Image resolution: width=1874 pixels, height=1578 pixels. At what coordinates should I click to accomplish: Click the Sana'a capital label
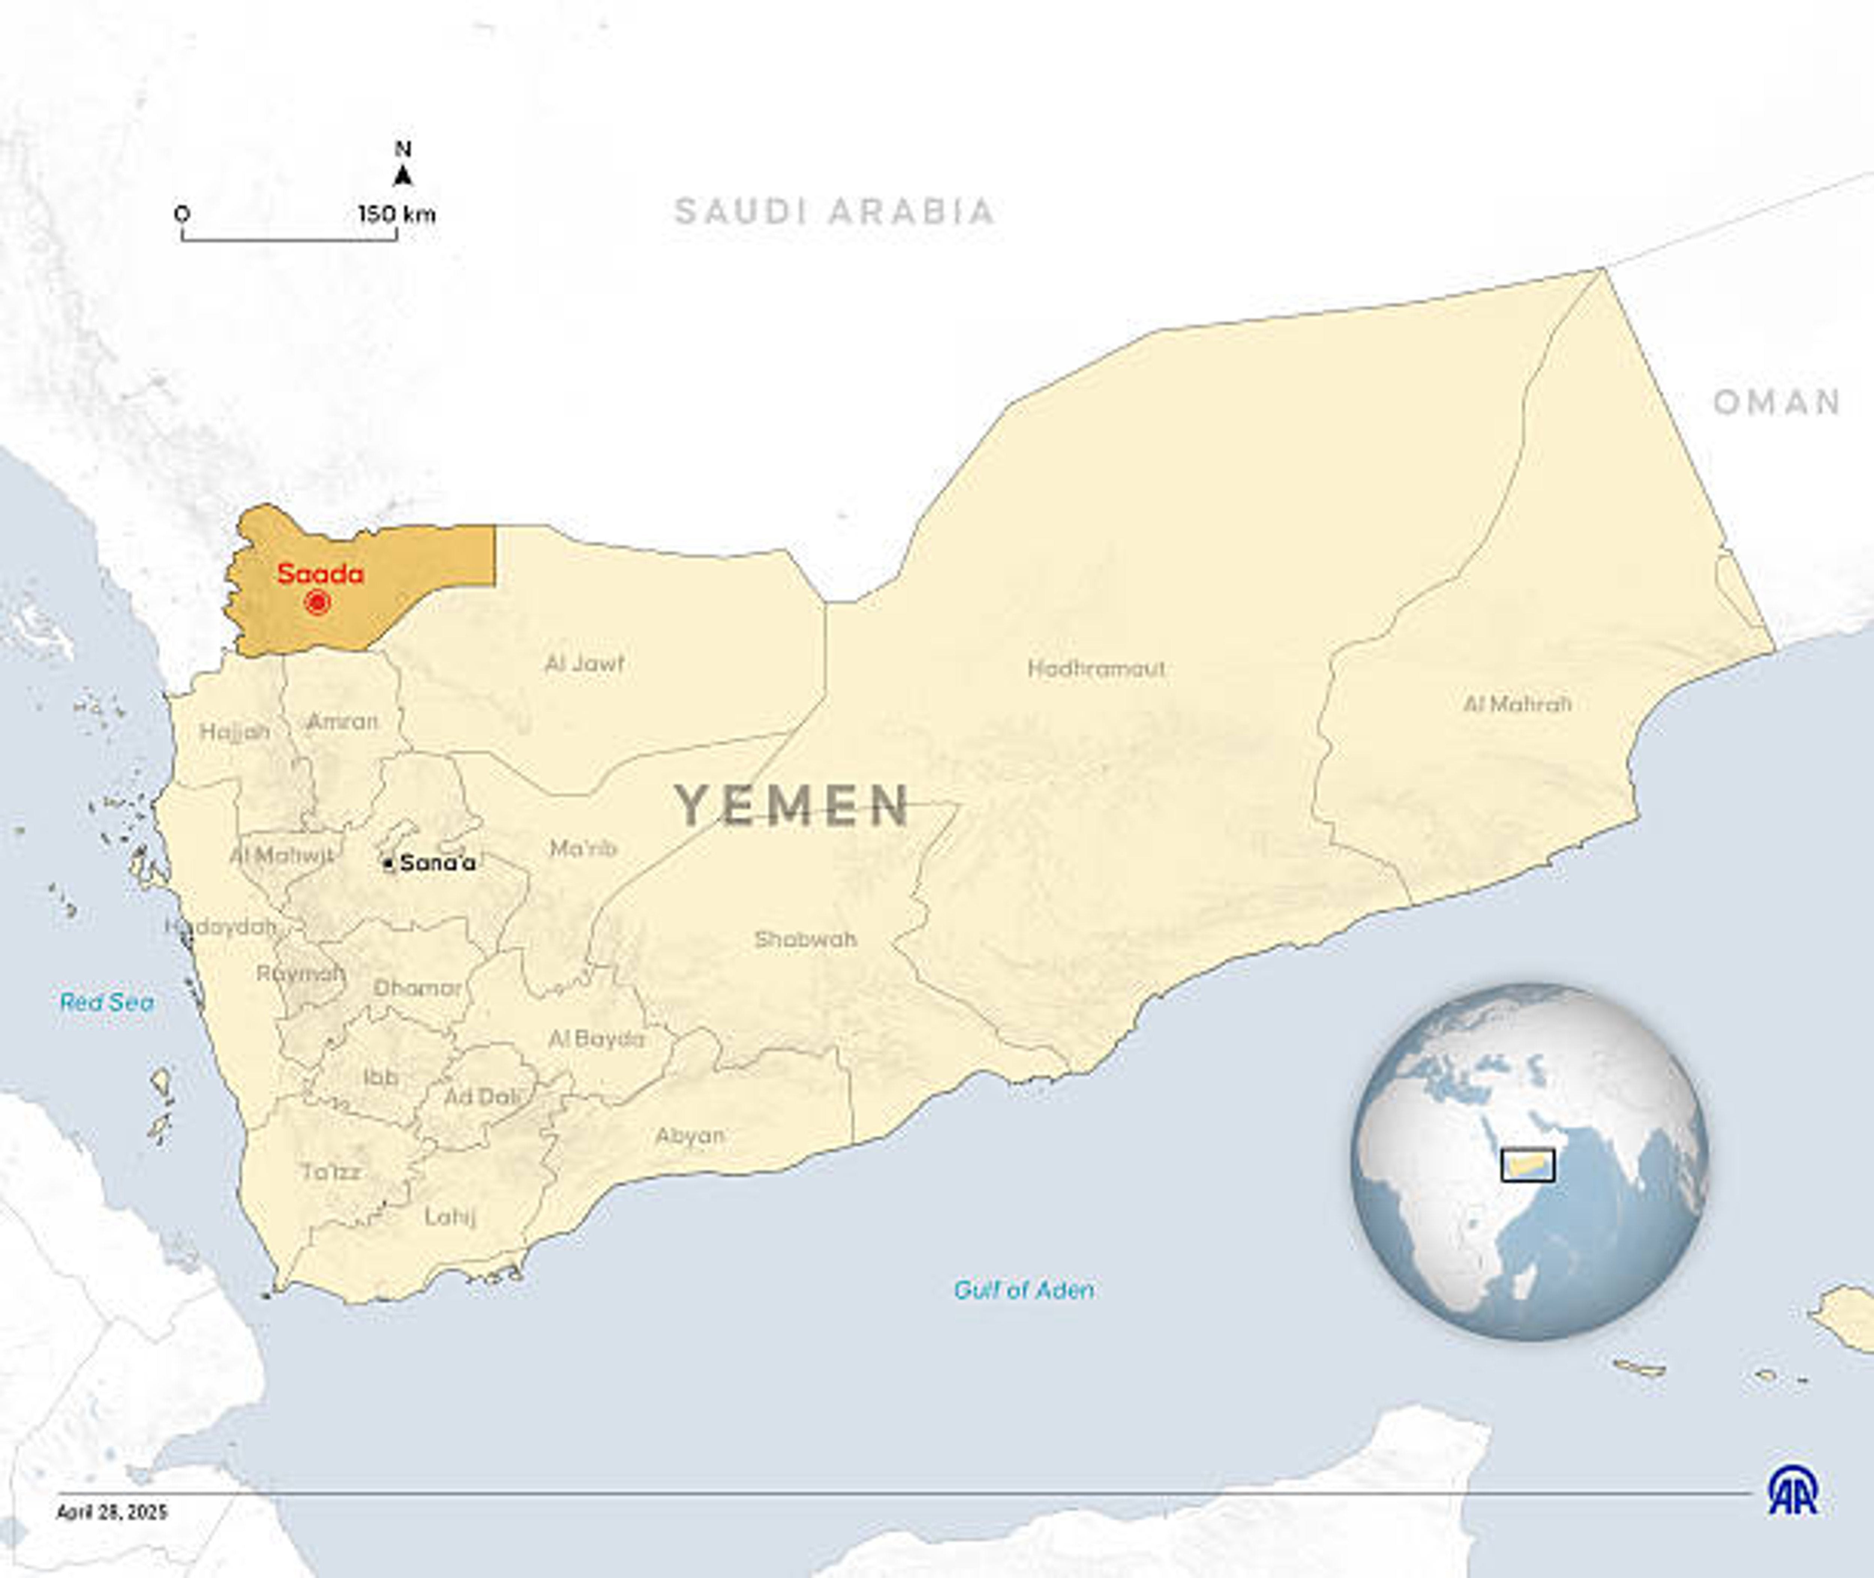(x=437, y=863)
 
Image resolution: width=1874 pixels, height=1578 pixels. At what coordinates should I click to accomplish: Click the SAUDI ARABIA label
(x=834, y=212)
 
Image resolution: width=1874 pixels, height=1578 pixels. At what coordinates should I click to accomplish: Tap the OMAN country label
(x=1777, y=402)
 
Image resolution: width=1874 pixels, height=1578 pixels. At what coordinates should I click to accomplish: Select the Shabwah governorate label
(x=805, y=939)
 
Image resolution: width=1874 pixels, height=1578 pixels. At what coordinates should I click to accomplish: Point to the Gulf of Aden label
(x=1024, y=1290)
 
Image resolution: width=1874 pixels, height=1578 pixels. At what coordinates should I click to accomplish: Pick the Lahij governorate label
(x=450, y=1216)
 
